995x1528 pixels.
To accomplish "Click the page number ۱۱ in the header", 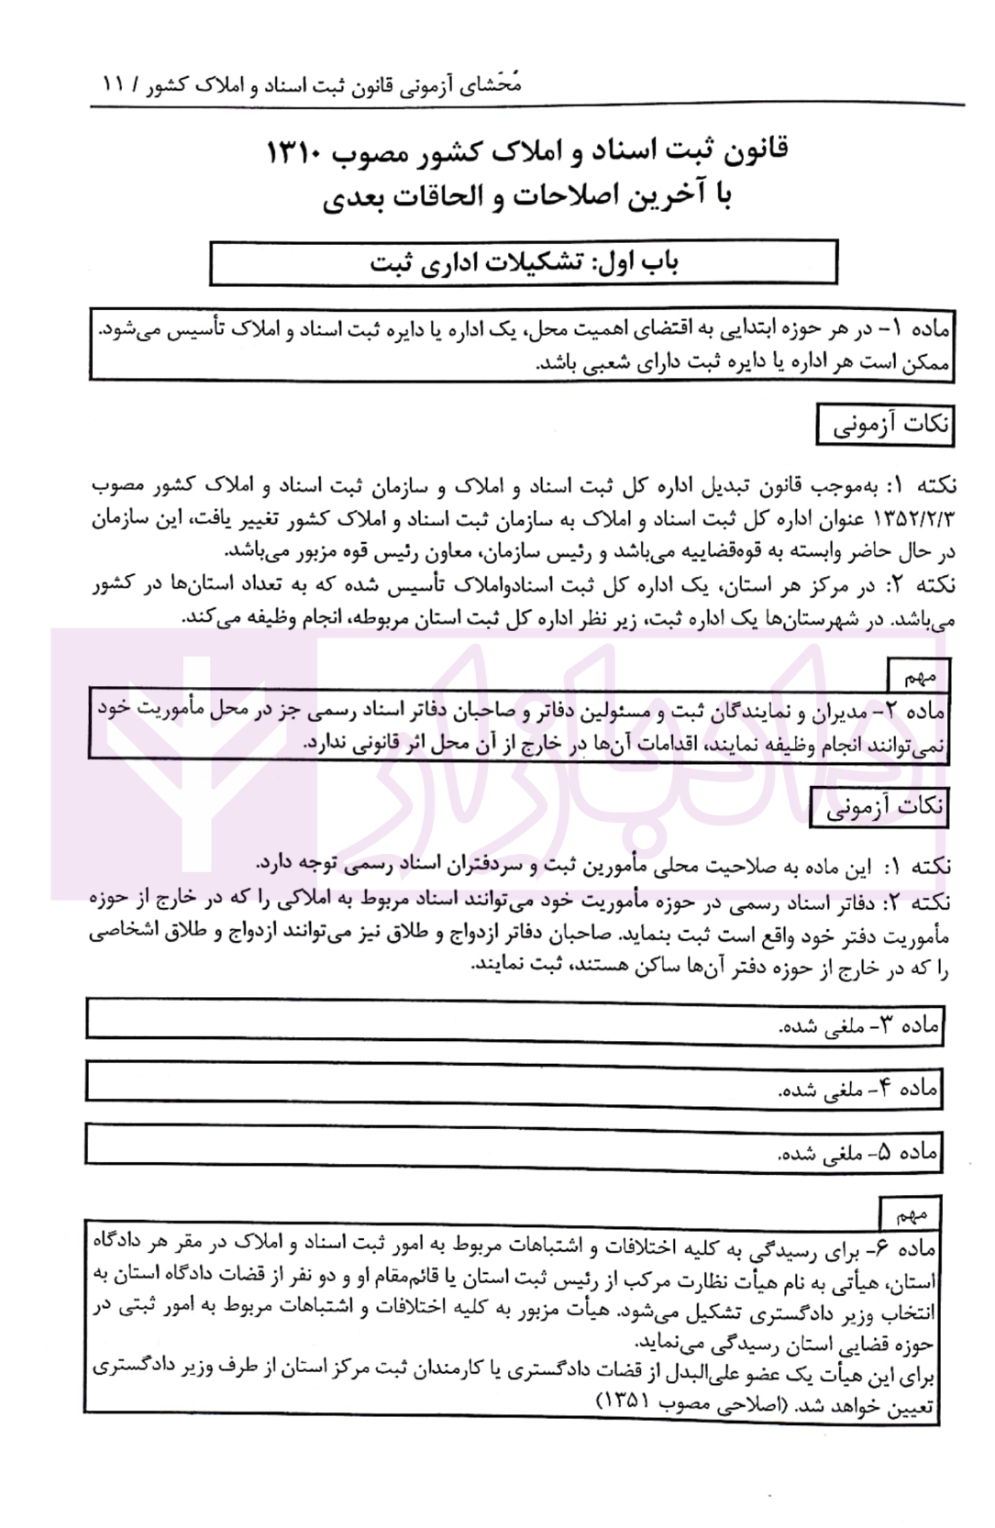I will [x=116, y=86].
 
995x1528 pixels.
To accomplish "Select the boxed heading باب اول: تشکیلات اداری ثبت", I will [x=524, y=262].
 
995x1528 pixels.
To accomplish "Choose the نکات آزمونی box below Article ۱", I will [x=885, y=426].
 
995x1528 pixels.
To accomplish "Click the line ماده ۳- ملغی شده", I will [x=857, y=1026].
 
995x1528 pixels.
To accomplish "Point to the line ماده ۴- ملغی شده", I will [x=857, y=1089].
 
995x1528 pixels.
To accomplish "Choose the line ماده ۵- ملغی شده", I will [x=857, y=1152].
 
